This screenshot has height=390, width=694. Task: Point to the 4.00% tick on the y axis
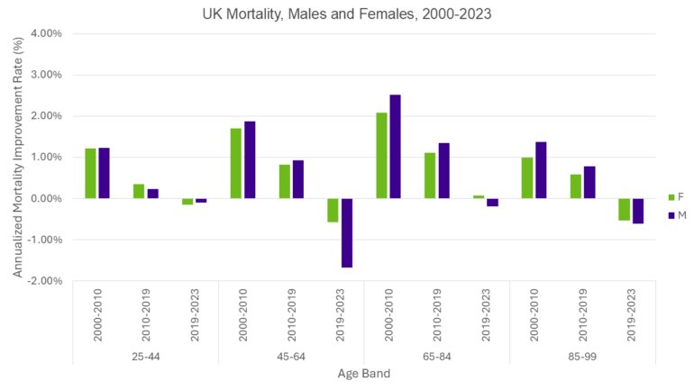45,33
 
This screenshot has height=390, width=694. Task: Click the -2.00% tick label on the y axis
44,281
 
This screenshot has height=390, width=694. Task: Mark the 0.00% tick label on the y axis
45,198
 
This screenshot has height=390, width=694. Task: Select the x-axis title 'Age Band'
363,374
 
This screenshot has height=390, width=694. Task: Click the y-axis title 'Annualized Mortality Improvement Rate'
17,158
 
